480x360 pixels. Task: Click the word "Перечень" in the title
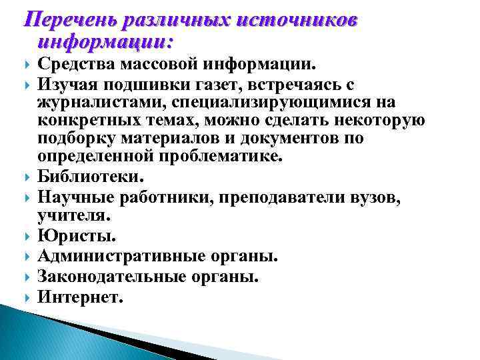pos(64,20)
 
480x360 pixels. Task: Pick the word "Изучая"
pos(65,85)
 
